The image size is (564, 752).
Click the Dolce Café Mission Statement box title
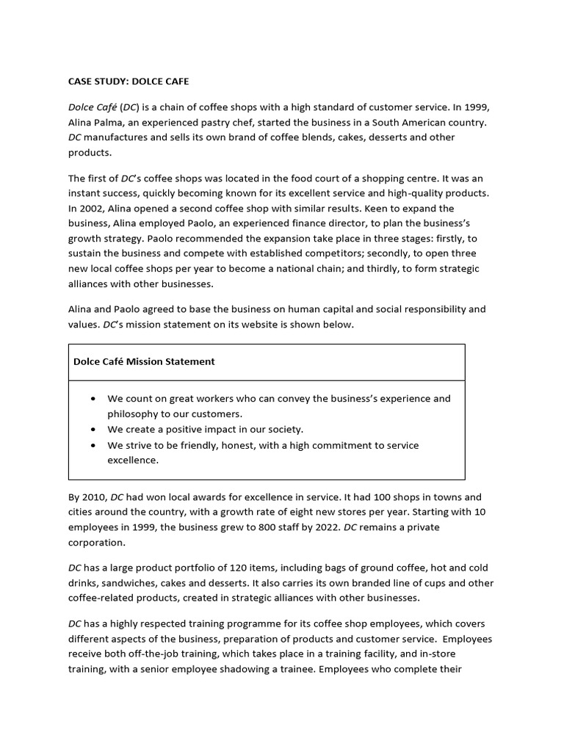click(144, 361)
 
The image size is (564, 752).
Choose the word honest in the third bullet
click(251, 445)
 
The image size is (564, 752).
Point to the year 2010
click(95, 497)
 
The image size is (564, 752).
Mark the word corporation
click(96, 543)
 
